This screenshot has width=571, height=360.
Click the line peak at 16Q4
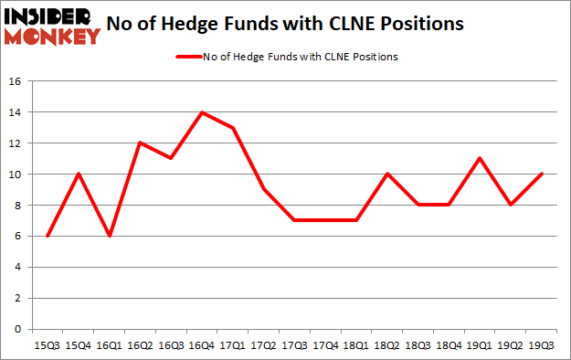click(x=202, y=112)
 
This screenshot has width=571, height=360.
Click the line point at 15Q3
click(x=47, y=236)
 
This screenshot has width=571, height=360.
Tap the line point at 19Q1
click(x=480, y=158)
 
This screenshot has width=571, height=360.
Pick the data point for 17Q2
click(x=264, y=189)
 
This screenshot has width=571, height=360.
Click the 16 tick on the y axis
click(x=16, y=81)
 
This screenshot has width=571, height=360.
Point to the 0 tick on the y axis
click(x=19, y=329)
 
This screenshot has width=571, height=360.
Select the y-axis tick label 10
click(x=16, y=174)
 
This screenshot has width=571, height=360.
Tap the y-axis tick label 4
click(x=19, y=267)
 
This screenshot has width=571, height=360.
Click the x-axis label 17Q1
click(x=233, y=344)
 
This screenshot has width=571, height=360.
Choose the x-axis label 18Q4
click(x=449, y=344)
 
